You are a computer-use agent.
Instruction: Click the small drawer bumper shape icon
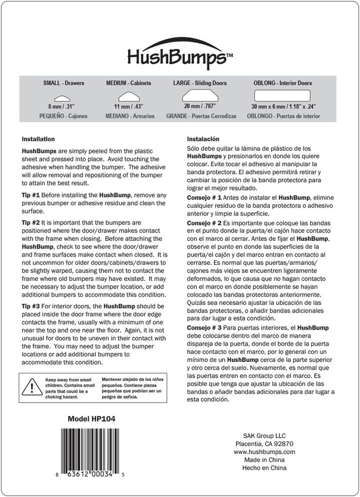pyautogui.click(x=63, y=99)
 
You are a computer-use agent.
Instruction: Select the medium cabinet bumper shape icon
pyautogui.click(x=128, y=97)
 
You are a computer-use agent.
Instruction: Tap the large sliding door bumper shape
pyautogui.click(x=200, y=95)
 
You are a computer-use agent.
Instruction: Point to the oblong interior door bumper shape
pyautogui.click(x=283, y=95)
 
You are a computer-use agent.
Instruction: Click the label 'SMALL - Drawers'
pyautogui.click(x=63, y=83)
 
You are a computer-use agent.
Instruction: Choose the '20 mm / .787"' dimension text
pyautogui.click(x=200, y=106)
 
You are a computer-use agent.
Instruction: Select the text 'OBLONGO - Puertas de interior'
pyautogui.click(x=283, y=116)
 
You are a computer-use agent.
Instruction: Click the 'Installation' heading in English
pyautogui.click(x=38, y=139)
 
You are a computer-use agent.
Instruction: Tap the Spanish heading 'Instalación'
pyautogui.click(x=203, y=139)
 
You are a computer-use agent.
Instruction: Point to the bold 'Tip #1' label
pyautogui.click(x=31, y=195)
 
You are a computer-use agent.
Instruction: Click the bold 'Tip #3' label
pyautogui.click(x=31, y=306)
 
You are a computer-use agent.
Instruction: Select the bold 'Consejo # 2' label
pyautogui.click(x=204, y=223)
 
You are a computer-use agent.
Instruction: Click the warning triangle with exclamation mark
pyautogui.click(x=32, y=387)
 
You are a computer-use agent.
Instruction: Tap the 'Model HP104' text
pyautogui.click(x=91, y=419)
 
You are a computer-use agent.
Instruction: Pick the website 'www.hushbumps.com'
pyautogui.click(x=264, y=452)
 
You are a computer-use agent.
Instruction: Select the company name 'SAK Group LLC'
pyautogui.click(x=264, y=436)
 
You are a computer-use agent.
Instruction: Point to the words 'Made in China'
pyautogui.click(x=264, y=460)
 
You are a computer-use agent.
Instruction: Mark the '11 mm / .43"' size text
pyautogui.click(x=128, y=107)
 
